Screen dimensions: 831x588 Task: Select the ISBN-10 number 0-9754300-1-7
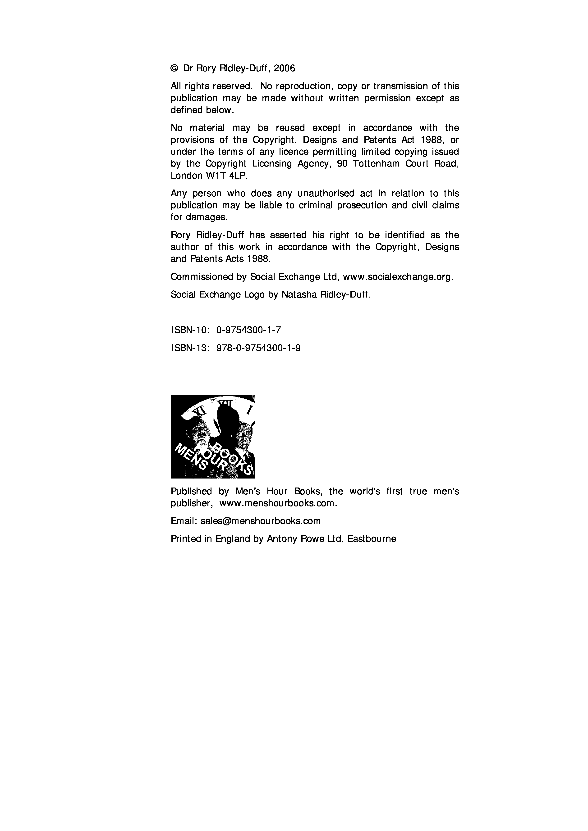(x=248, y=330)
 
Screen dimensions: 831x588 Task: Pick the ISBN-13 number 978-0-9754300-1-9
(x=258, y=348)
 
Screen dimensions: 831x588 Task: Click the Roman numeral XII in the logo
(x=224, y=403)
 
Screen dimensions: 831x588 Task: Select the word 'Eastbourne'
(x=372, y=539)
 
